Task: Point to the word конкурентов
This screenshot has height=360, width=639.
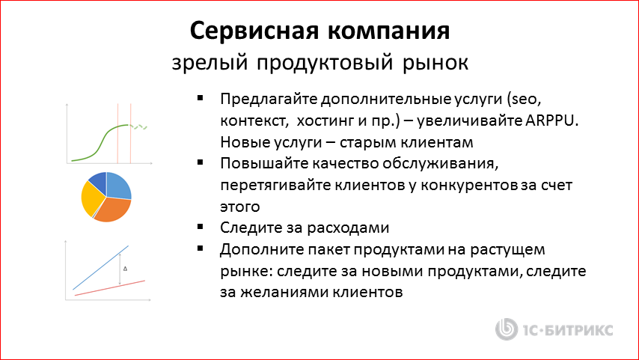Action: (456, 183)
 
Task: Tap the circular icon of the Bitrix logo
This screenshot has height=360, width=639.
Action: (508, 329)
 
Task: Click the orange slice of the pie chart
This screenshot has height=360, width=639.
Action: (113, 210)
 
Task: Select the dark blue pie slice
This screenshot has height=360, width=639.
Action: (97, 180)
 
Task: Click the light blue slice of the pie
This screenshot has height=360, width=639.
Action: (119, 185)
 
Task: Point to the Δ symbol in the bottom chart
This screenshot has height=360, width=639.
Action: (125, 267)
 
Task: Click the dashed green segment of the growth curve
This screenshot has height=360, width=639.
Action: (141, 127)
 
